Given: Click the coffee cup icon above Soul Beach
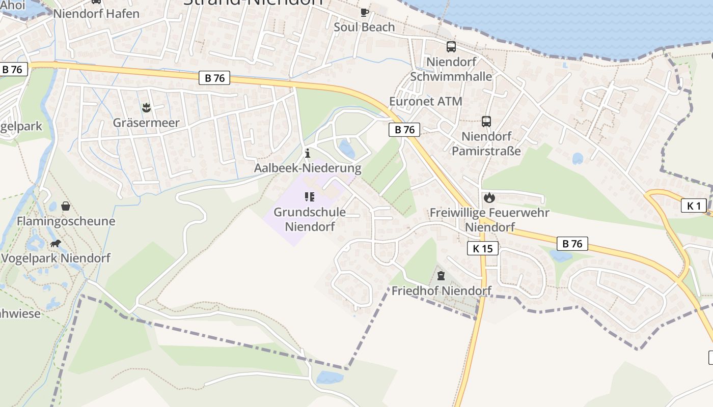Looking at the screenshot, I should (x=364, y=12).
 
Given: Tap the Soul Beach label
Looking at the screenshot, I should (x=364, y=27).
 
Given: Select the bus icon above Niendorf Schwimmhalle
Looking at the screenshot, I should (x=451, y=47).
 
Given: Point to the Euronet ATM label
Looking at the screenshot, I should (x=426, y=101).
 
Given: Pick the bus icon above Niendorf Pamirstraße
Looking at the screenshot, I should (x=486, y=122).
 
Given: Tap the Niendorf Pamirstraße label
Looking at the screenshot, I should (x=486, y=144).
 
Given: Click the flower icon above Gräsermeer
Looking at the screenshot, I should (x=146, y=107).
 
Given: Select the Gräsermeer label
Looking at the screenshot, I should (x=146, y=123).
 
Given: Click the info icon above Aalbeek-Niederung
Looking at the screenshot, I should (x=307, y=153).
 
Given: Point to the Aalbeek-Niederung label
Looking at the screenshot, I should (x=308, y=168).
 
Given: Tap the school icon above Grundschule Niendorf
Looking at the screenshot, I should (x=310, y=197).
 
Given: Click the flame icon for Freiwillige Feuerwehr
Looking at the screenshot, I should (x=489, y=197).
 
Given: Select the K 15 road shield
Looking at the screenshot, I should (x=483, y=248).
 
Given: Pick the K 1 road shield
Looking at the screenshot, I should (x=694, y=206).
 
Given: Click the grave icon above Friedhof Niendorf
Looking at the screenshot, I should (x=441, y=276).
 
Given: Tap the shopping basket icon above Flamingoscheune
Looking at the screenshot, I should (x=66, y=206).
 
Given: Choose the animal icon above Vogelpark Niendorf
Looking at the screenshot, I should (x=55, y=243).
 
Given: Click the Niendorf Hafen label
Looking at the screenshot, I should (x=96, y=14).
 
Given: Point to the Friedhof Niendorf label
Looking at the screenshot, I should (x=441, y=291).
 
